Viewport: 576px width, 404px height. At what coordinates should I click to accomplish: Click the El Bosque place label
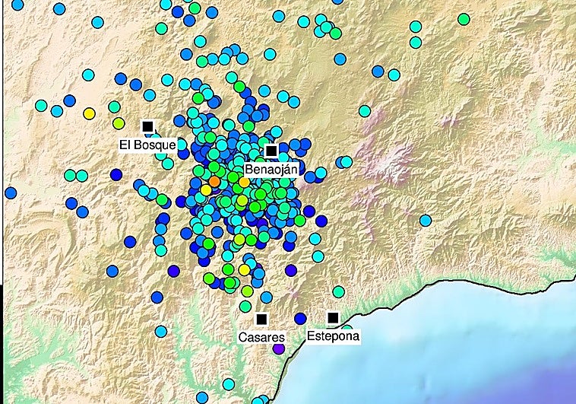tap(147, 144)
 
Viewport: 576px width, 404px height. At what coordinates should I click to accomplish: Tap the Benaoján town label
tap(271, 169)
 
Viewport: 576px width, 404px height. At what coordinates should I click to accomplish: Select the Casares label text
tap(261, 337)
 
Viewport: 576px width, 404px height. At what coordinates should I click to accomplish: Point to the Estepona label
tap(333, 335)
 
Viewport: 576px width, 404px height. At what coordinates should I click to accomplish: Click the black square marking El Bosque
tap(147, 126)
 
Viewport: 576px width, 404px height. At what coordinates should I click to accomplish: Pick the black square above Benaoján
tap(271, 151)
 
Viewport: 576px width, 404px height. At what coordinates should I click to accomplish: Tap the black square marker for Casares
tap(262, 319)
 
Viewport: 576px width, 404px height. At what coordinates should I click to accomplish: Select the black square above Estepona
tap(332, 317)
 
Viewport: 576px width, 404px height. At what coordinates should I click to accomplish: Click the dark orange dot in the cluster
tap(214, 181)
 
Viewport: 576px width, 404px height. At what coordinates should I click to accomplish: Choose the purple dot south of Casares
tap(279, 348)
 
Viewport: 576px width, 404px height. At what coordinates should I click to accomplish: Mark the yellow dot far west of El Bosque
tap(89, 113)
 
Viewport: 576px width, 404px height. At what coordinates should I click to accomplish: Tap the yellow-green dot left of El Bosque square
tap(119, 122)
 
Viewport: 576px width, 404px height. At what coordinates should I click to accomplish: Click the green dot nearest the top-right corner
tap(464, 19)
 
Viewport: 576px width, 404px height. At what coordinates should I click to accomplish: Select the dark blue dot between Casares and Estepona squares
tap(300, 318)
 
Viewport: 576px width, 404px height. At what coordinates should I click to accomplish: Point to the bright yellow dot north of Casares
tap(244, 269)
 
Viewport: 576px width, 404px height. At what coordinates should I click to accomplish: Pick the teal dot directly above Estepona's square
tap(338, 291)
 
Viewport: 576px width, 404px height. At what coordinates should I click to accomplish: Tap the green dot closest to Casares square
tap(245, 306)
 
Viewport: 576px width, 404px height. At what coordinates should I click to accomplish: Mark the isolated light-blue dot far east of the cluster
tap(426, 220)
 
